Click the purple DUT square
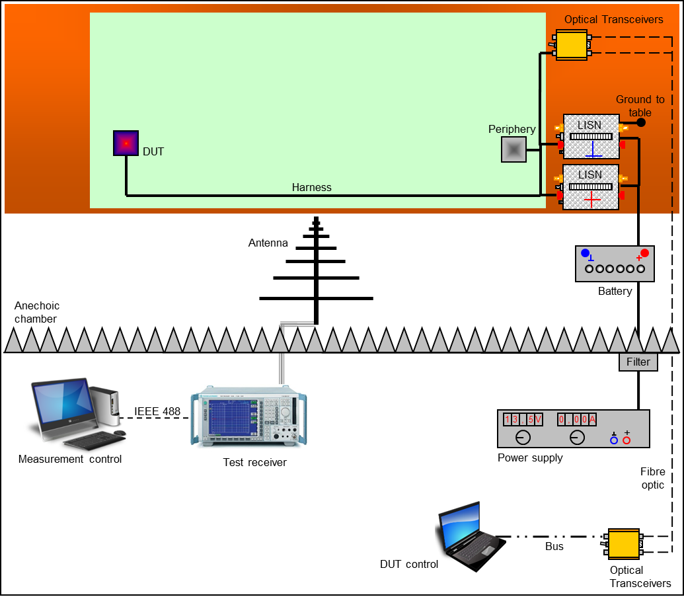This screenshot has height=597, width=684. [x=125, y=143]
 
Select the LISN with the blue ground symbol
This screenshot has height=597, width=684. [x=591, y=137]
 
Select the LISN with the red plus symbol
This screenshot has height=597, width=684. [x=591, y=187]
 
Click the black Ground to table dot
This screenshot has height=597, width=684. [x=640, y=123]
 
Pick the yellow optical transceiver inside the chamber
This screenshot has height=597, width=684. [x=572, y=45]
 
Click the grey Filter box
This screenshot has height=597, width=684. [x=638, y=362]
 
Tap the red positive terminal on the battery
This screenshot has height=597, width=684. [x=644, y=253]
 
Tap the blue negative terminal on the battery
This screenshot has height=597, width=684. [x=585, y=253]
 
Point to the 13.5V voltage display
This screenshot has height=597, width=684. [x=523, y=420]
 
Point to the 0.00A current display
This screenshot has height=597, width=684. [x=577, y=420]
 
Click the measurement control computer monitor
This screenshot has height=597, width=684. [x=61, y=404]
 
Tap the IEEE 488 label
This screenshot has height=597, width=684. [x=157, y=412]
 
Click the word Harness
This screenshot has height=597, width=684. [x=311, y=188]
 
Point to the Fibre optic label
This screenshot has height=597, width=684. [x=652, y=479]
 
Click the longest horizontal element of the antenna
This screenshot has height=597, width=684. [x=317, y=299]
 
